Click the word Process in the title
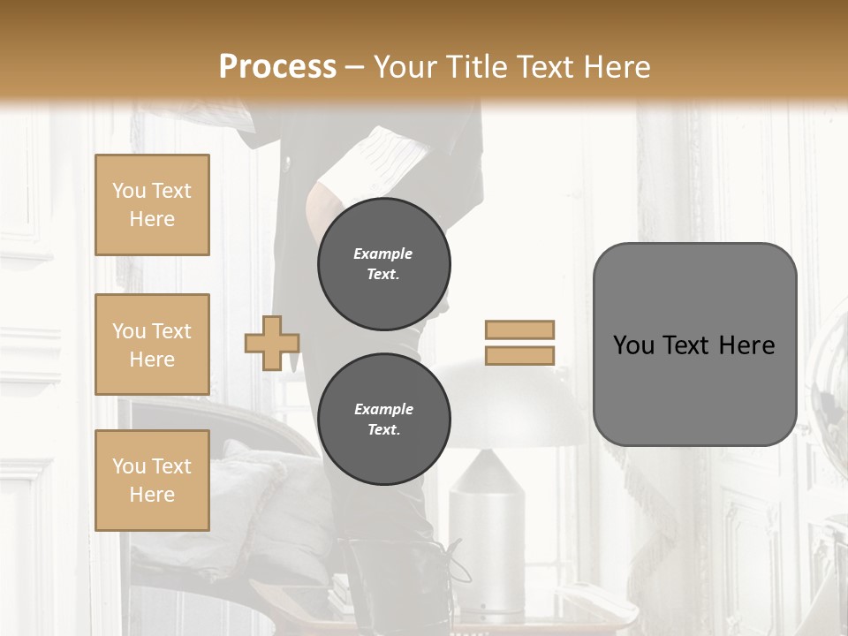(277, 67)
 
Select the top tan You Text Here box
(152, 205)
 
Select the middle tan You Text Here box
(152, 344)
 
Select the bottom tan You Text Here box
(152, 480)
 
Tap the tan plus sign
(272, 343)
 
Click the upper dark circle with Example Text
(383, 264)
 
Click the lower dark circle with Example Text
(383, 420)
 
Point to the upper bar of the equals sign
(519, 329)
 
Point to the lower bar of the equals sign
(519, 355)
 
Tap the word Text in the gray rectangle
(695, 345)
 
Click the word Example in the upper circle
(383, 254)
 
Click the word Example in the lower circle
(383, 409)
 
